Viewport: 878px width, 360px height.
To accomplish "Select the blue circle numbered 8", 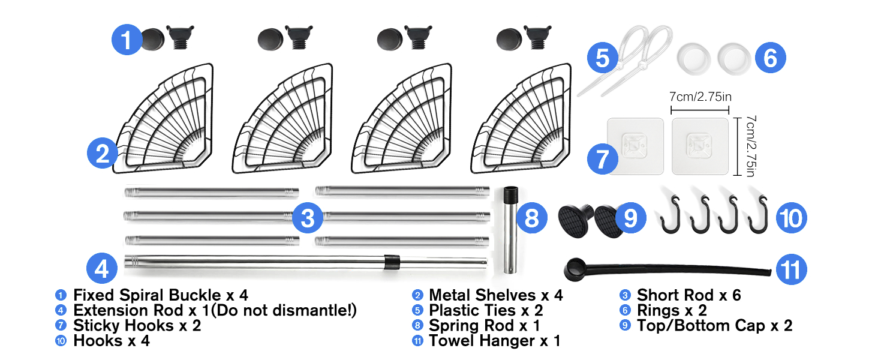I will click(532, 219).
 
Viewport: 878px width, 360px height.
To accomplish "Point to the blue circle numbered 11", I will click(792, 270).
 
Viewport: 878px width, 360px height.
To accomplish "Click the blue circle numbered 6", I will click(771, 58).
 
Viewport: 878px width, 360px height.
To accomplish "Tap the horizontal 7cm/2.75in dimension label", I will click(700, 97).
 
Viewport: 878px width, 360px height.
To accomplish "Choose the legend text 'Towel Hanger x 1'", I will click(494, 341).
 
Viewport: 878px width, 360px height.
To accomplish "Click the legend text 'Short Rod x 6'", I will click(688, 295).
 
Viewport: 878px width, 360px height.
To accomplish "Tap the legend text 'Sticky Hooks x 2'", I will click(137, 326).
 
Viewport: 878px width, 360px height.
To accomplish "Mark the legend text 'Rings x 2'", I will click(672, 311).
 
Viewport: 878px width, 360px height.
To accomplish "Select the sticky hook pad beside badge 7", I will click(635, 146).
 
